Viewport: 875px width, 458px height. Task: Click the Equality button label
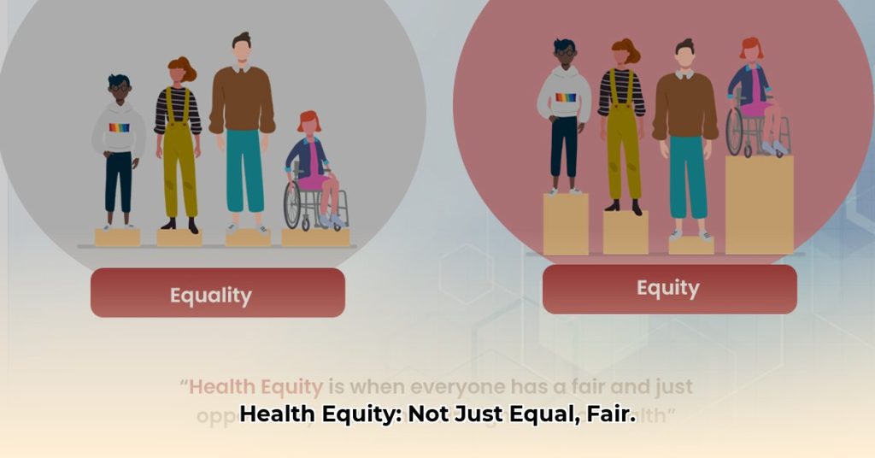[210, 296]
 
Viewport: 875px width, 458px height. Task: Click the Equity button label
[667, 289]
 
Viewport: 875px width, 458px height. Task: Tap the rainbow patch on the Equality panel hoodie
[119, 128]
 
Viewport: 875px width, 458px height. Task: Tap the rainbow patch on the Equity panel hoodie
[566, 97]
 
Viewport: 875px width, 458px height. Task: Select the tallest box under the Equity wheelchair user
[759, 205]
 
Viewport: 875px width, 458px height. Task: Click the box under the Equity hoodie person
[566, 224]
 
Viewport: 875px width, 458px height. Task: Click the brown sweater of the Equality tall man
[242, 101]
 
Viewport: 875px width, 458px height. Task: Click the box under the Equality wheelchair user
[315, 238]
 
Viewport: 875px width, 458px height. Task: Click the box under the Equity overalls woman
[625, 232]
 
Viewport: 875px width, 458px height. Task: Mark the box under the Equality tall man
[247, 238]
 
